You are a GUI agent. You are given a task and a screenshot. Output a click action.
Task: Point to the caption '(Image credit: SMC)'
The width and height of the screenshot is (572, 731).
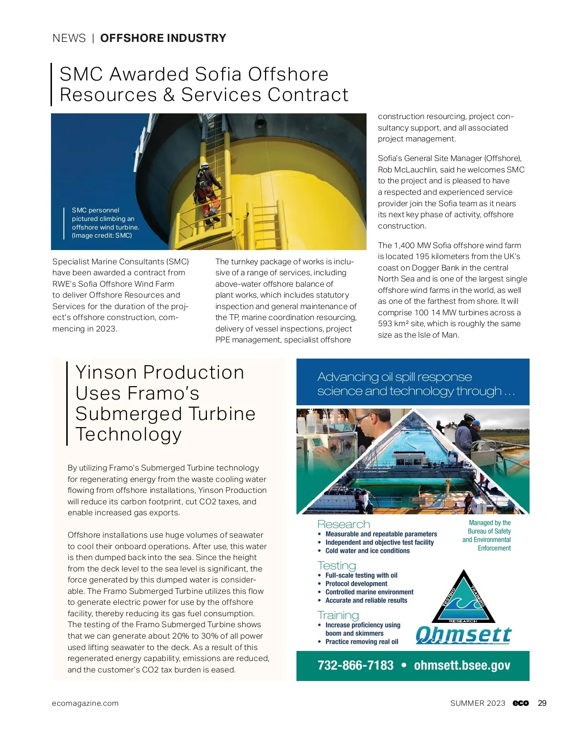102,235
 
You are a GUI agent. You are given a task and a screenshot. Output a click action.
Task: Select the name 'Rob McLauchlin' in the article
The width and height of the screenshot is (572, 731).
409,170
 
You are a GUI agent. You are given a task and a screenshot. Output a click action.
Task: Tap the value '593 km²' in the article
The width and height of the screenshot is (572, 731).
394,324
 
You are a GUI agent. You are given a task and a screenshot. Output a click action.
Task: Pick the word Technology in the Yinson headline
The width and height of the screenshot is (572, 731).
128,434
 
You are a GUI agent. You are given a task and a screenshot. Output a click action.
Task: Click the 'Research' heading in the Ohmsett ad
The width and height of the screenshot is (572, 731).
344,524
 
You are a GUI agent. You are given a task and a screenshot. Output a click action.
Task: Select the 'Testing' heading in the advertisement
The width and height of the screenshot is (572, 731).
337,565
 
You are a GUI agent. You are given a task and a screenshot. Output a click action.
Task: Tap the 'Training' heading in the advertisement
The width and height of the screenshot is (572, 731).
338,615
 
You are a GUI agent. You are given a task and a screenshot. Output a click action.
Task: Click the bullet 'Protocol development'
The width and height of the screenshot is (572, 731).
356,583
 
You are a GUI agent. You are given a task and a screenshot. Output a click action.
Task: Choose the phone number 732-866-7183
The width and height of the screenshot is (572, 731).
356,665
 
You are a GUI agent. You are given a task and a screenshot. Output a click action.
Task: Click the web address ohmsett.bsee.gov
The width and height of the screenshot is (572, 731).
462,665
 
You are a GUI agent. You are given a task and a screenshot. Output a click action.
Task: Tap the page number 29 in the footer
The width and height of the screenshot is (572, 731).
542,703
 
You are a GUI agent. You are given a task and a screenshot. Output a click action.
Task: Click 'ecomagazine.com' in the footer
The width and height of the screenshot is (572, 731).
85,703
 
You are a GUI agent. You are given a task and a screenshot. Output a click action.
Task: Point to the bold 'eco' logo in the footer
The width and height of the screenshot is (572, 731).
521,703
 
